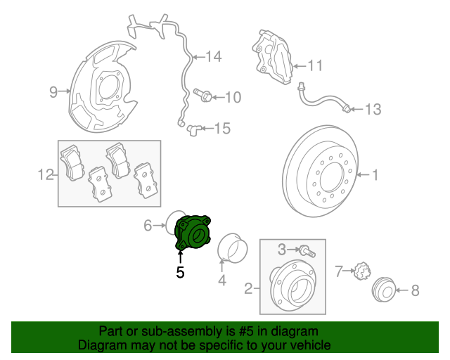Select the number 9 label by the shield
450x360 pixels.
tap(53, 91)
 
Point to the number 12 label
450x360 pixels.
tap(45, 174)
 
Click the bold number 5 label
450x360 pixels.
tap(180, 272)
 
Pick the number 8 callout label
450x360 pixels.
tap(414, 289)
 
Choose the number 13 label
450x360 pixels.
tap(372, 109)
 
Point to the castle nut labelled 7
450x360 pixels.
tap(361, 271)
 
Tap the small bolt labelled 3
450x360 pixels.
tap(307, 249)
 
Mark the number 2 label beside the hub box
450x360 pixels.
tap(247, 288)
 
